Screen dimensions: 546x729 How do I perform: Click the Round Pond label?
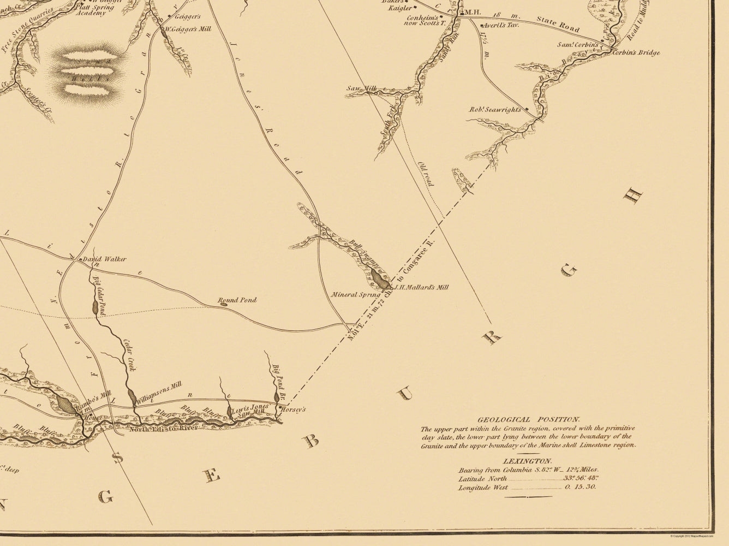(x=237, y=300)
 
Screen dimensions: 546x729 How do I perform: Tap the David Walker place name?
(x=104, y=259)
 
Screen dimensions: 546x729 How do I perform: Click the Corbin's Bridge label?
(x=636, y=53)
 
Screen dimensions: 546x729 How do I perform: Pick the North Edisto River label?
(x=158, y=429)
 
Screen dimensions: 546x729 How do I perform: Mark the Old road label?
(x=426, y=174)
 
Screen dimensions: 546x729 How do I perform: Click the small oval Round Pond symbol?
(x=223, y=305)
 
